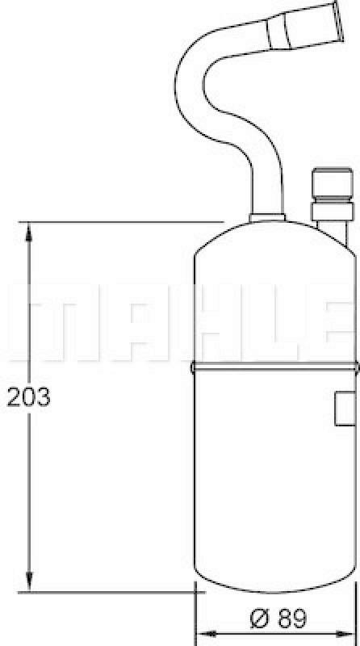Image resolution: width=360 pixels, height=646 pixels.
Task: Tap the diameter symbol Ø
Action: pos(259,620)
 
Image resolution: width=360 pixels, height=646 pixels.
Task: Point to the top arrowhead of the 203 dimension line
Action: pos(30,231)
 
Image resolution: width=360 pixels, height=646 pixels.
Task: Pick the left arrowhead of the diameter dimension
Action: pos(203,634)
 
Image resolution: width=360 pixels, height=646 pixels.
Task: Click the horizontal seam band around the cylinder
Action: pos(274,367)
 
